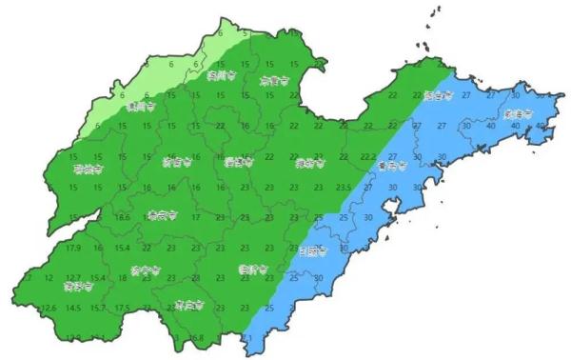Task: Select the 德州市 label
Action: pos(139,108)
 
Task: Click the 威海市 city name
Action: pos(519,113)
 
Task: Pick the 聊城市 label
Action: pos(87,170)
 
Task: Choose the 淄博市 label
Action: pos(236,163)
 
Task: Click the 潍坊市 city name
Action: pos(309,163)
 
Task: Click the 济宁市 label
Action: pos(144,270)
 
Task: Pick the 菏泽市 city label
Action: pos(78,285)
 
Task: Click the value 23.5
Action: pos(345,188)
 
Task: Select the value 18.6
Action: pos(122,218)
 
